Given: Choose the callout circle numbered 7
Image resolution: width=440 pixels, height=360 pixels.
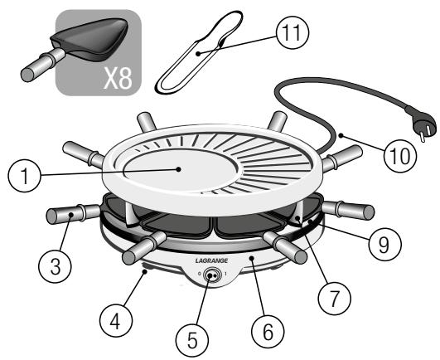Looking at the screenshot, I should point(335,292).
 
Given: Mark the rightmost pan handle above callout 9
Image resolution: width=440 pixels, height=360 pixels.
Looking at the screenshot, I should point(340,207).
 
